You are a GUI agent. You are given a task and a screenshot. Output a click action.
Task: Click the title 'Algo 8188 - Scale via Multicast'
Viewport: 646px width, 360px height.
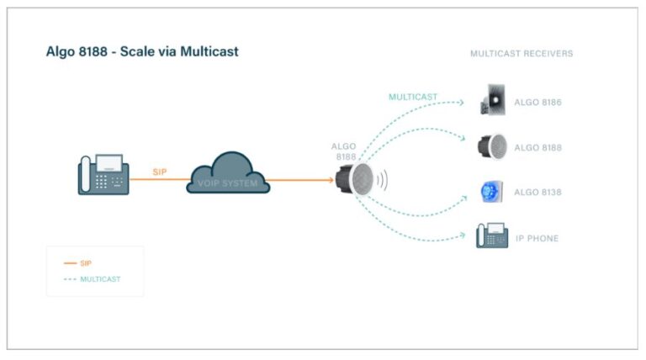click(142, 51)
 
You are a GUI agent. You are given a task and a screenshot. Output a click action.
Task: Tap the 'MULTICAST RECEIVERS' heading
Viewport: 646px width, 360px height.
click(522, 54)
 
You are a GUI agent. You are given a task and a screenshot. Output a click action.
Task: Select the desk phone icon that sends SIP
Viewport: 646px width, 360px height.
click(103, 174)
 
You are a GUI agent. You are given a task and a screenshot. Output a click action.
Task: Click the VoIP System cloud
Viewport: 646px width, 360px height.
click(228, 175)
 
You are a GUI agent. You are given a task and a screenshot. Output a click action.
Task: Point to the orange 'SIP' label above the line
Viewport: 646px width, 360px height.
click(159, 172)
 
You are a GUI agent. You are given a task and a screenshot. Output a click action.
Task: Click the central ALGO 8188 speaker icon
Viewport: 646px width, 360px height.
click(354, 179)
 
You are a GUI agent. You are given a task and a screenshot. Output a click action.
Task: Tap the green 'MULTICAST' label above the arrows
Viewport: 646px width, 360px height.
click(413, 97)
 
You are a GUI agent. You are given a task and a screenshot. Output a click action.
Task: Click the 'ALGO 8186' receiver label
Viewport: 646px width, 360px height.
click(537, 103)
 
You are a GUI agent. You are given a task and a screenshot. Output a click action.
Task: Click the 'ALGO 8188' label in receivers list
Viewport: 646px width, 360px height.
click(537, 148)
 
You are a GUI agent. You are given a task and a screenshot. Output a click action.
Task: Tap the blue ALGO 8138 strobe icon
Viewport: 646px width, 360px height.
click(491, 192)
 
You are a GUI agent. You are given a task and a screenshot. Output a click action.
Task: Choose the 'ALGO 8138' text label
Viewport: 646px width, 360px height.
click(537, 193)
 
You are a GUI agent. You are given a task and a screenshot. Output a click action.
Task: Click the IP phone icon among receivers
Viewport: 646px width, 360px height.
click(492, 236)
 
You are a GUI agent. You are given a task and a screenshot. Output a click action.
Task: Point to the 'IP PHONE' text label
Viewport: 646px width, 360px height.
click(537, 239)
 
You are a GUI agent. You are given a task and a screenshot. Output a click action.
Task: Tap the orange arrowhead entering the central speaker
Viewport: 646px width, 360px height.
click(330, 179)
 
